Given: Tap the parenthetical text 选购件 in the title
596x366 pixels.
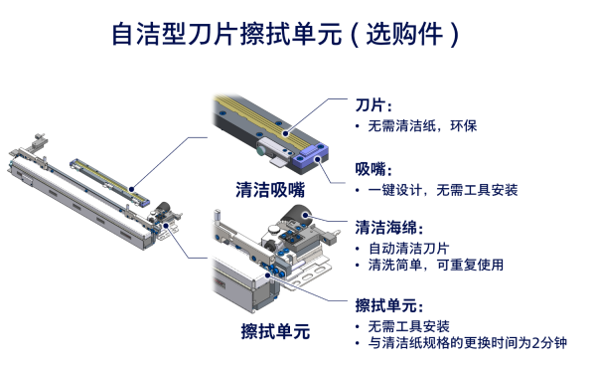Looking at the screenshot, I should pyautogui.click(x=407, y=37).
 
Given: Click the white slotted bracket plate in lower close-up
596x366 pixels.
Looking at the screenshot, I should pyautogui.click(x=316, y=267).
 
